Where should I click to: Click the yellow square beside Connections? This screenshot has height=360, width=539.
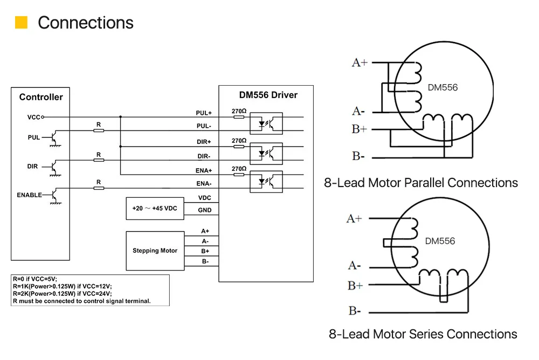(21, 23)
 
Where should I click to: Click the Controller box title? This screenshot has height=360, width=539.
(41, 97)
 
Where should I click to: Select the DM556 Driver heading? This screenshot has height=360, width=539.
(268, 95)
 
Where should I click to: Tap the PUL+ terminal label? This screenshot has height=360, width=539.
(204, 113)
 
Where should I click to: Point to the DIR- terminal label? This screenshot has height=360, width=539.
(204, 156)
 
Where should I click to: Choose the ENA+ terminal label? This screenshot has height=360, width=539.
(204, 170)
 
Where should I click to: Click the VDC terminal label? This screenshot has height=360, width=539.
(205, 198)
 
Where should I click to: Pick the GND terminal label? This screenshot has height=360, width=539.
(205, 210)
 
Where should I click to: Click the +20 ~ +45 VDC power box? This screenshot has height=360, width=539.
(154, 208)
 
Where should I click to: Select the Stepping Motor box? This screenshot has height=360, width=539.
(155, 251)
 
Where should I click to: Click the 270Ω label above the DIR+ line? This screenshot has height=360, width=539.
(239, 140)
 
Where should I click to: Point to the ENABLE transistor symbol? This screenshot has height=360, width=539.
(53, 195)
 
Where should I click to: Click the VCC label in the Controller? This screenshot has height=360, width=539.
(33, 116)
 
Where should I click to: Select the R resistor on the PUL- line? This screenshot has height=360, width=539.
(99, 130)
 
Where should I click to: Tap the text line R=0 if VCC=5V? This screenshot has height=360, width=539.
(35, 279)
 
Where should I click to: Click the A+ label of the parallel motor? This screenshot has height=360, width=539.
(360, 63)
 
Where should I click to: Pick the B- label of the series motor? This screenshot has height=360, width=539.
(355, 310)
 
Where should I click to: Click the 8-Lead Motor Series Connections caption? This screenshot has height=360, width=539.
(423, 334)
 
